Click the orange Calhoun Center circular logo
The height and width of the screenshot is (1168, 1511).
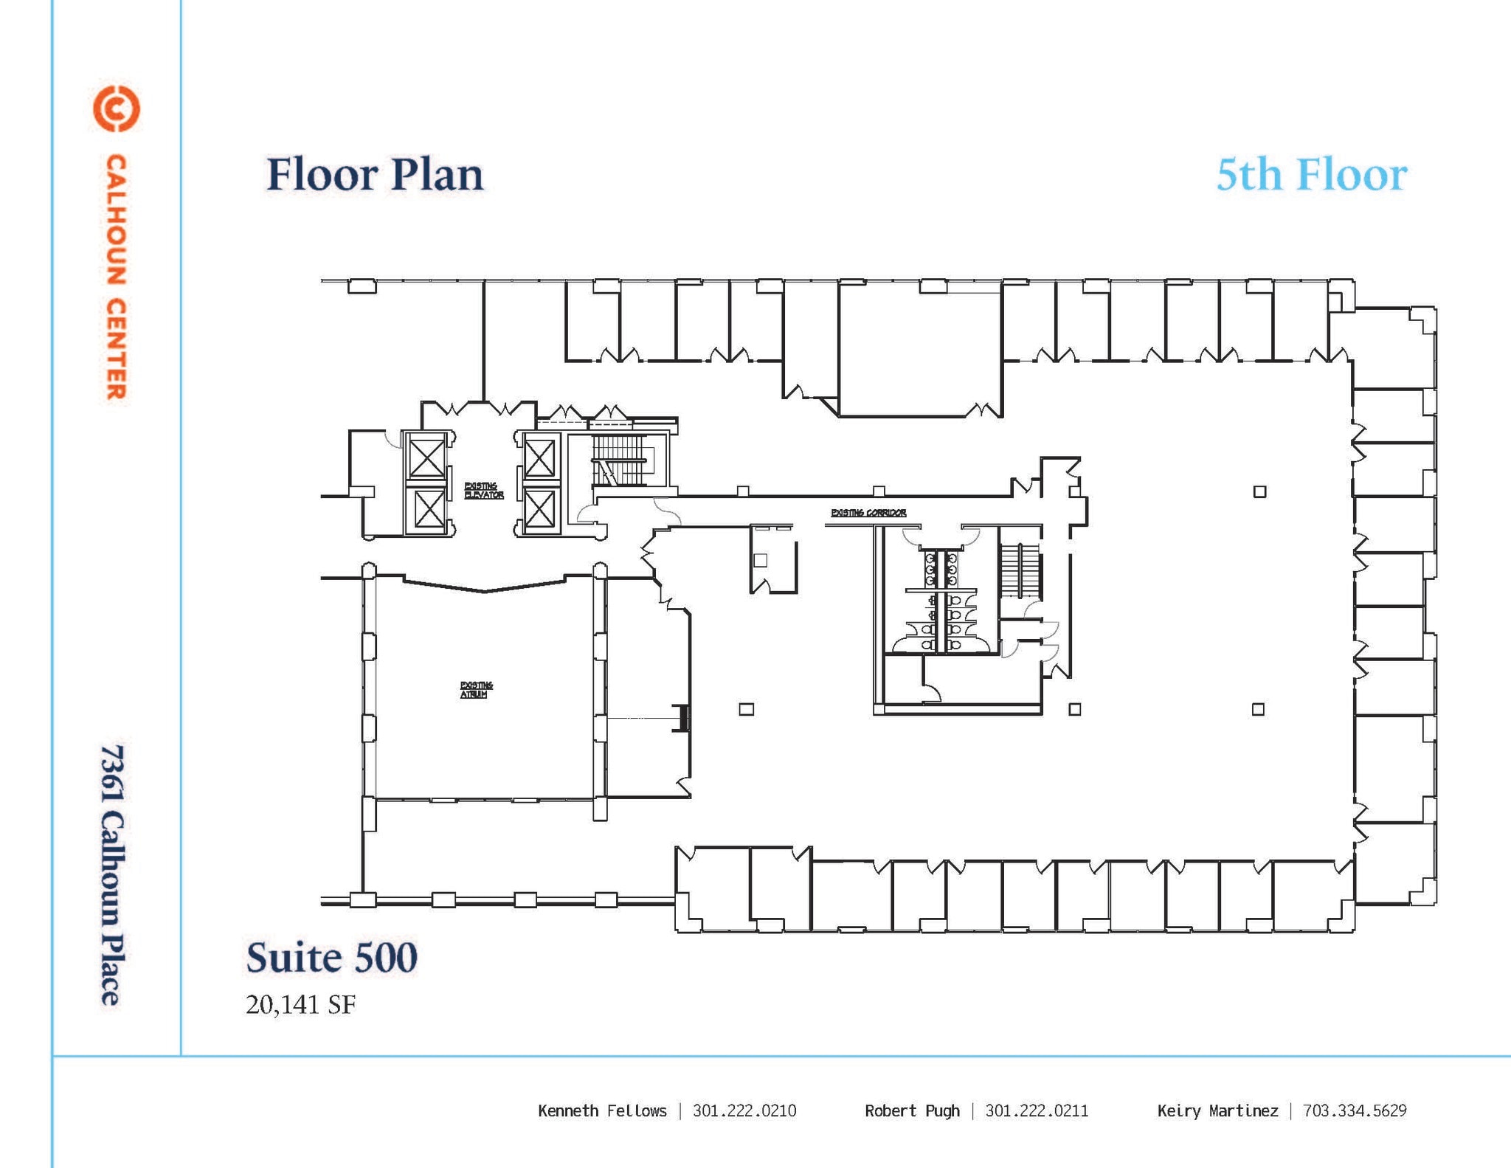[x=116, y=109]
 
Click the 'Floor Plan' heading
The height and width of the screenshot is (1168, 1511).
[x=375, y=175]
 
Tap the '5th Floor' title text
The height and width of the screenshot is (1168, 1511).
[x=1311, y=175]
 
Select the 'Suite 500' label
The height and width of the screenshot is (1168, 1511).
[x=331, y=957]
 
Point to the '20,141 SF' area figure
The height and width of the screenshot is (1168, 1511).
[x=300, y=1004]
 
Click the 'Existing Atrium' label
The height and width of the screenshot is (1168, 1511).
[x=476, y=690]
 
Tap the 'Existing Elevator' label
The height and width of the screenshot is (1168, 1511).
[x=483, y=491]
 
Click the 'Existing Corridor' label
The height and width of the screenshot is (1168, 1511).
[x=868, y=513]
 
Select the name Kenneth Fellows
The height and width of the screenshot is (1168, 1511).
[x=602, y=1110]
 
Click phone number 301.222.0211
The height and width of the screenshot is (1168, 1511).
[x=1037, y=1110]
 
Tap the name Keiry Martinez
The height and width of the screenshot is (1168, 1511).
[x=1217, y=1110]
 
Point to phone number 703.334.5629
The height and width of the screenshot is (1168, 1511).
[x=1355, y=1110]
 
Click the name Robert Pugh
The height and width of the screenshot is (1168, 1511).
[x=912, y=1110]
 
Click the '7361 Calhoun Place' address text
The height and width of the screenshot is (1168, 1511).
[x=112, y=874]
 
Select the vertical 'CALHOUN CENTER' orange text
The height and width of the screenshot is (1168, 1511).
[x=116, y=277]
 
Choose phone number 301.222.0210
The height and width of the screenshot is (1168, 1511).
[x=744, y=1110]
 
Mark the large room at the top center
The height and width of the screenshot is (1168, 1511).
[x=919, y=350]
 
